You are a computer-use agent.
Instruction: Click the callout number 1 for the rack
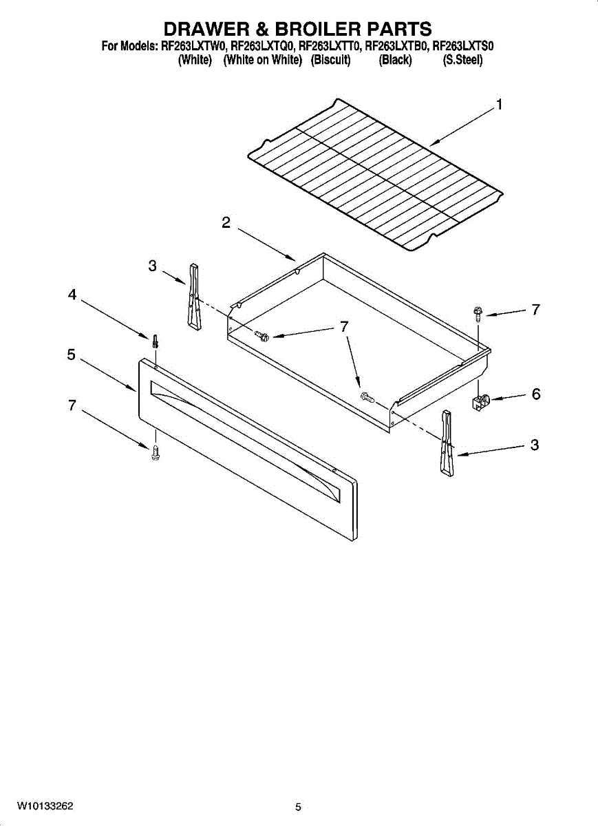[499, 105]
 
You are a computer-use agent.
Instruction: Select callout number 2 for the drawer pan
[226, 222]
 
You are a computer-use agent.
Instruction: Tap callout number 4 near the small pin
[72, 295]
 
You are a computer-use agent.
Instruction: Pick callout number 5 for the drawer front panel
[72, 354]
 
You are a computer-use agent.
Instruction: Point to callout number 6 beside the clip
[535, 394]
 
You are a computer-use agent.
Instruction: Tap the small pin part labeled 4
[156, 340]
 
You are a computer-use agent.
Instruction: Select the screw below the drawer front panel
[156, 452]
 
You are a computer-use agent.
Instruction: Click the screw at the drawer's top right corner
[476, 314]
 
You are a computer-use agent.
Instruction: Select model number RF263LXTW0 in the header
[194, 47]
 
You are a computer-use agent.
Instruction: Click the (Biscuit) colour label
[330, 60]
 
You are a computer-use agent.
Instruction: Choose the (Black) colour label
[395, 60]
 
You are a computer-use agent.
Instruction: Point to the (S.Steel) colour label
[462, 60]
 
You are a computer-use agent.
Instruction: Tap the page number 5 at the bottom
[298, 807]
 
